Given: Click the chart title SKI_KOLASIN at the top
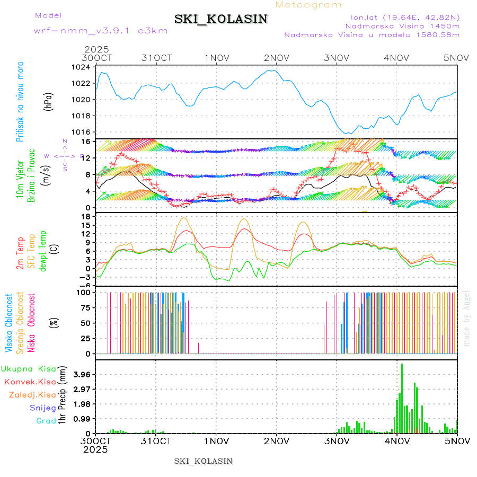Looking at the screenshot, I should pyautogui.click(x=221, y=19).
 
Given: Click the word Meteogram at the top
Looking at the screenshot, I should pyautogui.click(x=308, y=5).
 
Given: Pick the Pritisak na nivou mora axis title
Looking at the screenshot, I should pyautogui.click(x=20, y=101).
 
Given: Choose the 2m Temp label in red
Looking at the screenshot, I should pyautogui.click(x=20, y=253).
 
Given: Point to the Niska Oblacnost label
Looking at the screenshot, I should pyautogui.click(x=32, y=323).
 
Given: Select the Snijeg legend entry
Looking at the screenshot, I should pyautogui.click(x=42, y=408).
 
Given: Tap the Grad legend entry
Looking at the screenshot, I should pyautogui.click(x=46, y=421).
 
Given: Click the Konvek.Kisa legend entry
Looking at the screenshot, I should pyautogui.click(x=30, y=382).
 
